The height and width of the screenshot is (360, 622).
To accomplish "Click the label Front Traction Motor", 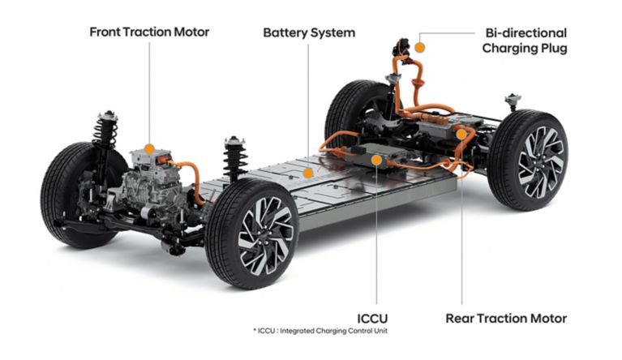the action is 149,32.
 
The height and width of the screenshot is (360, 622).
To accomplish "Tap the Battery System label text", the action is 309,32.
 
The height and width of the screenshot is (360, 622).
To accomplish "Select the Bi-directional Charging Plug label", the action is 525,41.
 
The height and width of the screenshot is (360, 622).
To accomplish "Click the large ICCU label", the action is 372,319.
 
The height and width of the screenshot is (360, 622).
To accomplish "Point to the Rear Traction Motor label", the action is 506,319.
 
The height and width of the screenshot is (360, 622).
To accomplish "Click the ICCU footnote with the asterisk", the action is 320,331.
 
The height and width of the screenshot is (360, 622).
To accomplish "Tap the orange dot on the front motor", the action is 149,149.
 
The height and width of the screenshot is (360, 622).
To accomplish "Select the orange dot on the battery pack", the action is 308,174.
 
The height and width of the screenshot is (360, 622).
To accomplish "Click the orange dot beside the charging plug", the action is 420,48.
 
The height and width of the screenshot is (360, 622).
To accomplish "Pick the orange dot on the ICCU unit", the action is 376,161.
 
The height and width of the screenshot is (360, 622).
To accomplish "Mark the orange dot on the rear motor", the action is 461,135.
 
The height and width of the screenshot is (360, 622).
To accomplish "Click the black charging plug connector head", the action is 401,47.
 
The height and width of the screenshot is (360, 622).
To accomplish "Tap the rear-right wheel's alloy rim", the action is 541,162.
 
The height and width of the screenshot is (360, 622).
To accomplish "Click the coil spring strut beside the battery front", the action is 235,159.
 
